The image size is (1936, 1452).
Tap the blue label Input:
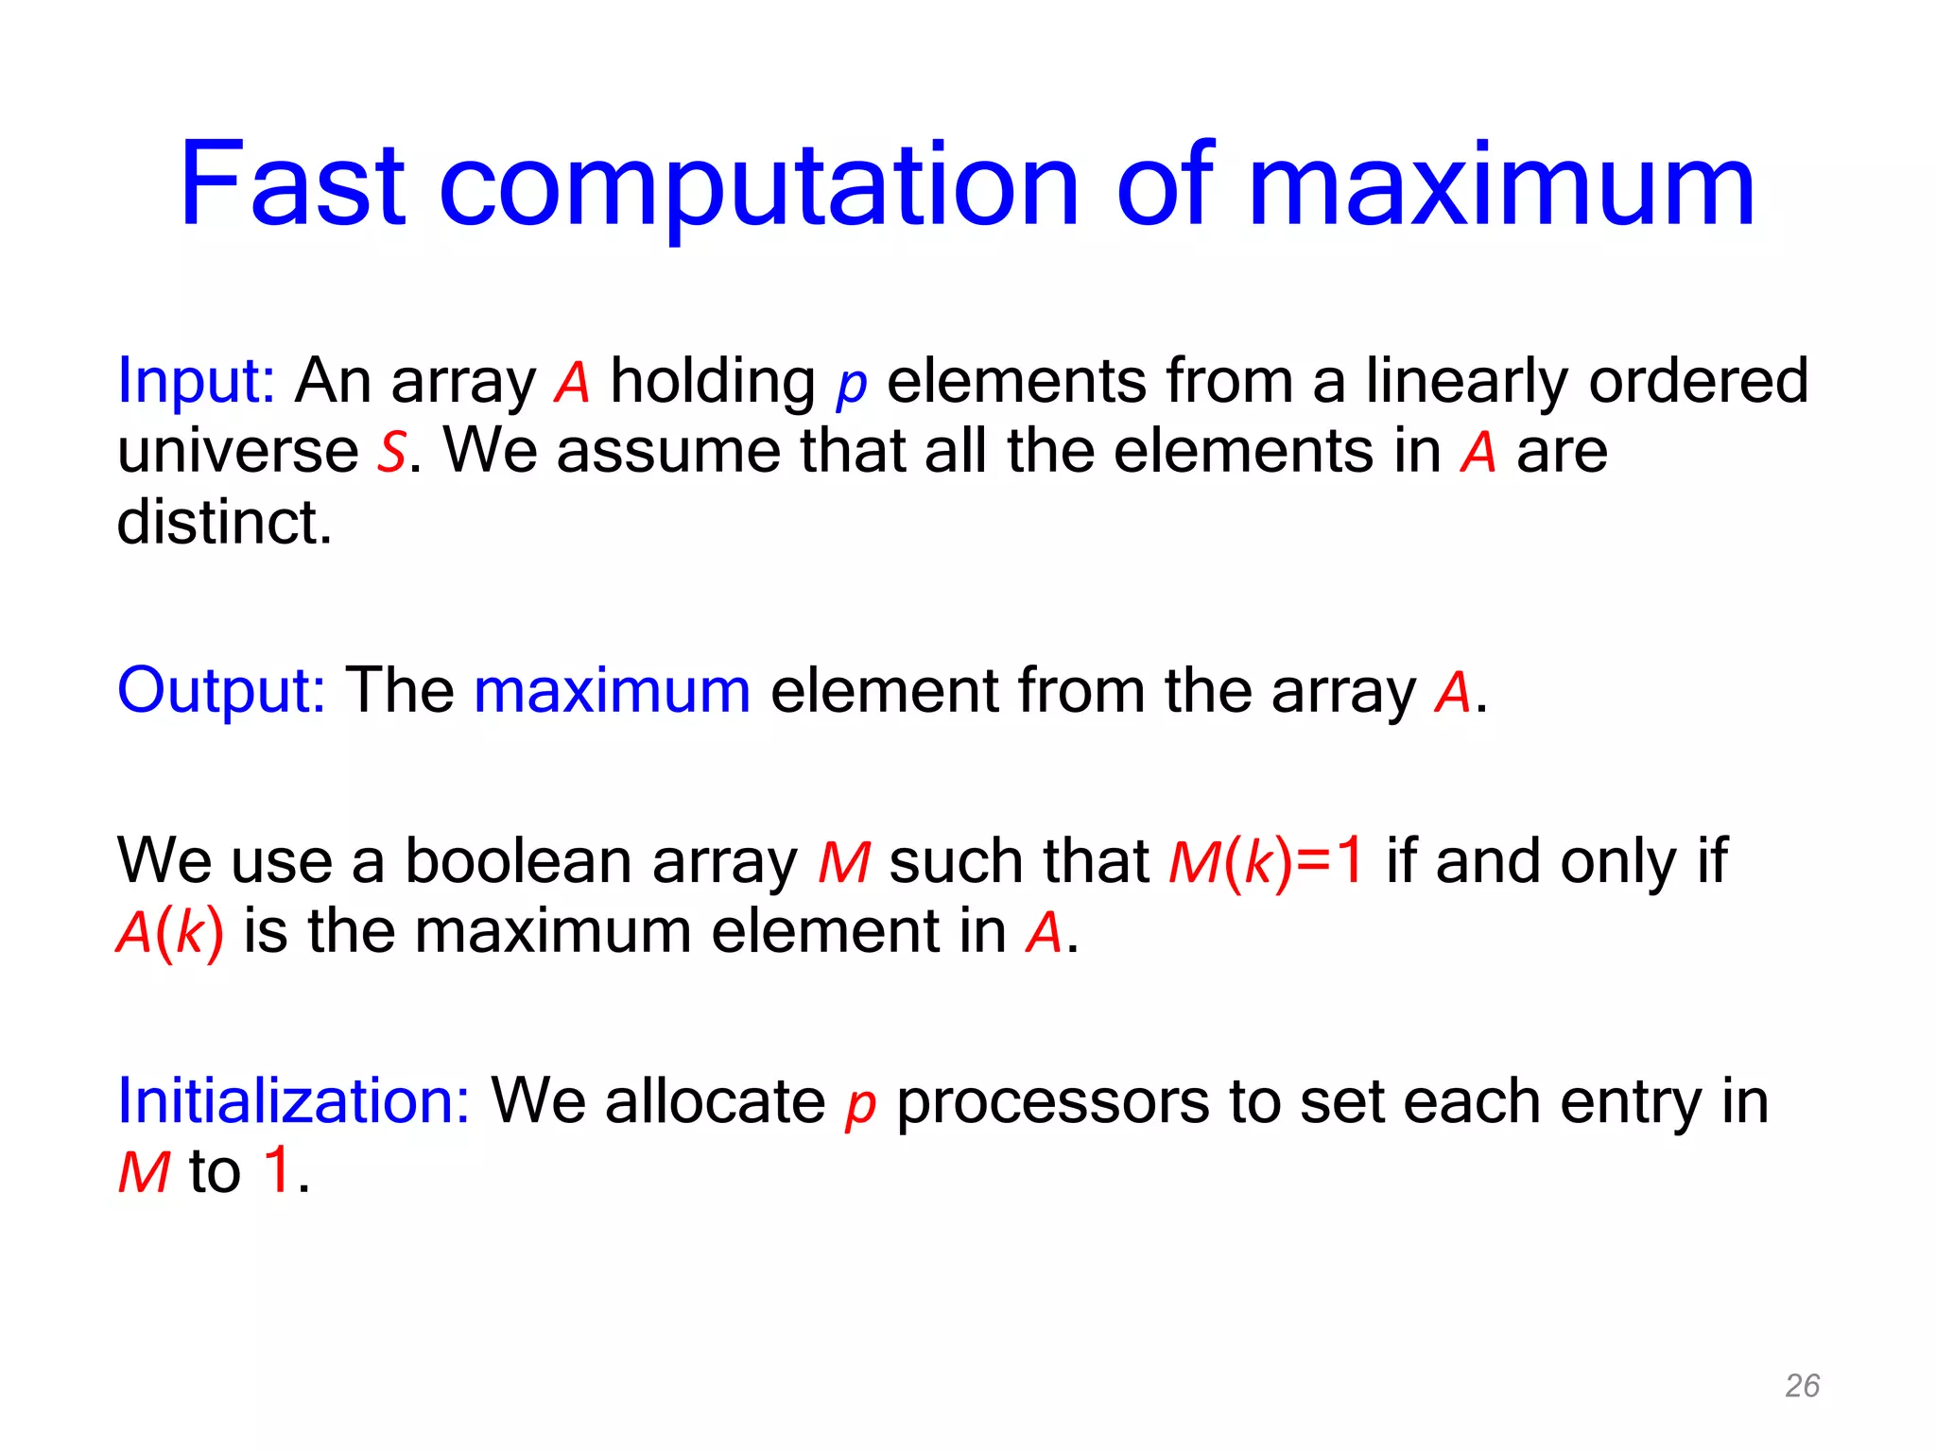pos(196,382)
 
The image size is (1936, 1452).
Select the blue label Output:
pos(221,691)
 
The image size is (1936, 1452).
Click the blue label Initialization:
pos(293,1102)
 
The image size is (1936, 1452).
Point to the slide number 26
pos(1802,1386)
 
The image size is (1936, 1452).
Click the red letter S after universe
pos(391,453)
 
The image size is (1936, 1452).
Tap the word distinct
pos(224,523)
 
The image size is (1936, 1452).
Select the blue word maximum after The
pos(612,691)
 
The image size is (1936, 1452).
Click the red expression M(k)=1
pos(1266,862)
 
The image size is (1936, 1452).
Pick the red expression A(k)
pos(170,933)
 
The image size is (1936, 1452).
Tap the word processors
pos(1052,1102)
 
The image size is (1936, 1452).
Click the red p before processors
pos(859,1106)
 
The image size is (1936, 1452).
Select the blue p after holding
pos(851,386)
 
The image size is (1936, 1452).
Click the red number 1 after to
pos(277,1170)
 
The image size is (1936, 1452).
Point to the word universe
pos(237,453)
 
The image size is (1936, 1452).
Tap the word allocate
pos(715,1102)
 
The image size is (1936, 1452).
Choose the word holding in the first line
pos(713,382)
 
